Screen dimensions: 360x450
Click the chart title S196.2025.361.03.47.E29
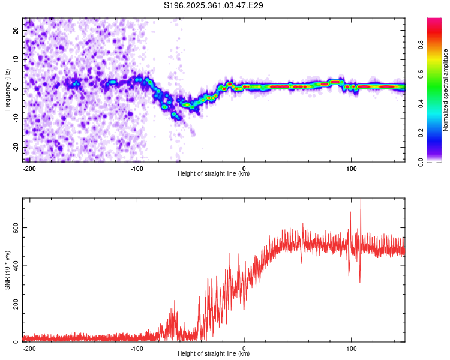click(x=214, y=5)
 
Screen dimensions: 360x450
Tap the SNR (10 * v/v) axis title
click(x=7, y=270)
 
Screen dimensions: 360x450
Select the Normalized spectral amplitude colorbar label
click(x=446, y=90)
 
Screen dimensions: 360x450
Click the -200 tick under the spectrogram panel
click(x=29, y=168)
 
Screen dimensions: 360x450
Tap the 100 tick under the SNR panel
click(x=351, y=348)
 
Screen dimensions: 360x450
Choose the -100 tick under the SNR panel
click(x=137, y=348)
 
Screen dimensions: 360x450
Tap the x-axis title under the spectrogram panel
click(x=214, y=174)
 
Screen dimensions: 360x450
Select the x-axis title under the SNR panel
click(x=214, y=354)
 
